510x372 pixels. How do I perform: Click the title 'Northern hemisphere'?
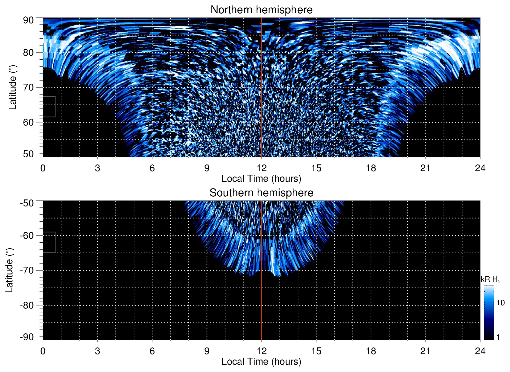click(x=261, y=10)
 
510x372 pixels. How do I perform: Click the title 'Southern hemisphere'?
click(x=261, y=193)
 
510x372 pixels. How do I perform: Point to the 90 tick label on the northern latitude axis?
click(x=28, y=20)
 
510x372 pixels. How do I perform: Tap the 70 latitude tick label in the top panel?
click(x=28, y=87)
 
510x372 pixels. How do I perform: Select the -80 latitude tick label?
click(x=27, y=305)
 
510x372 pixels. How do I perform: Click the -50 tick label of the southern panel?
click(x=27, y=203)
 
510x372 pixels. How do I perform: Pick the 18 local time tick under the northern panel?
click(x=371, y=168)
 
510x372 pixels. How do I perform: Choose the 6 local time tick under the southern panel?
click(x=152, y=351)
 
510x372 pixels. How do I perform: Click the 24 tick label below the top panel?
click(x=480, y=168)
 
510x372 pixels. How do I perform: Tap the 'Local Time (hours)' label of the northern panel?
click(x=261, y=179)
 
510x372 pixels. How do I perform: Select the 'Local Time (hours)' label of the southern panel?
click(x=261, y=362)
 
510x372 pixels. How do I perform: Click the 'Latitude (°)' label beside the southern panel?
click(x=9, y=270)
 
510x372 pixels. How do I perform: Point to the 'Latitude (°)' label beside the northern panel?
click(x=13, y=87)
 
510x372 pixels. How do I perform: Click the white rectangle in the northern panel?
click(x=49, y=106)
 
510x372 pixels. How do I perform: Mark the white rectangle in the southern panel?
click(x=49, y=242)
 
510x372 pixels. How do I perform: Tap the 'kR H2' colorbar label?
click(x=490, y=279)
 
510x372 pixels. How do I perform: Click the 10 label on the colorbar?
click(x=500, y=303)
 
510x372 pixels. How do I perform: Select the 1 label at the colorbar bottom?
click(x=498, y=337)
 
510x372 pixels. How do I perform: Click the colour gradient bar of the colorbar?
click(x=489, y=312)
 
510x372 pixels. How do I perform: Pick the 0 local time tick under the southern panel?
click(x=43, y=351)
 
